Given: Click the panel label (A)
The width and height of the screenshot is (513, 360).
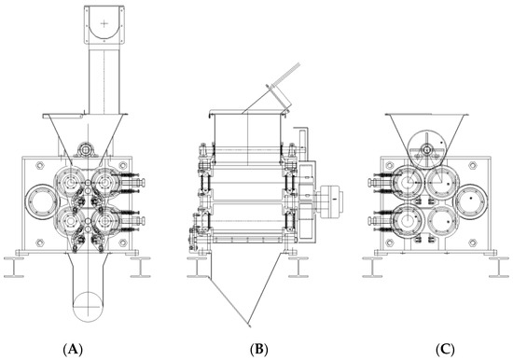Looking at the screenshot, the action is (x=73, y=350).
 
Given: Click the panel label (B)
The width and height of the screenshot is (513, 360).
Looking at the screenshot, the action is (x=258, y=350).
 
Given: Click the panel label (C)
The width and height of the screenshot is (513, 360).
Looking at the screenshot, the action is (x=445, y=350).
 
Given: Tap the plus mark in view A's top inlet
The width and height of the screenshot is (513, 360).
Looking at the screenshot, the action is (x=104, y=23).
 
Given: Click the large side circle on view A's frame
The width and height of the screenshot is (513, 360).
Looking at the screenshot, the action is (x=42, y=202).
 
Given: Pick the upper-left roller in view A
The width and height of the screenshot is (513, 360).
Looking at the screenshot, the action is (x=70, y=182).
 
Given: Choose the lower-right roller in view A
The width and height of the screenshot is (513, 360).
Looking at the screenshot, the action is (x=104, y=221).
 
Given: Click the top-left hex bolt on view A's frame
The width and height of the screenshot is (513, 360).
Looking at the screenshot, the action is (x=39, y=165).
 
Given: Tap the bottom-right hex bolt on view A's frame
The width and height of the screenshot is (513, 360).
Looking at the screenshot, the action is (x=123, y=242).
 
